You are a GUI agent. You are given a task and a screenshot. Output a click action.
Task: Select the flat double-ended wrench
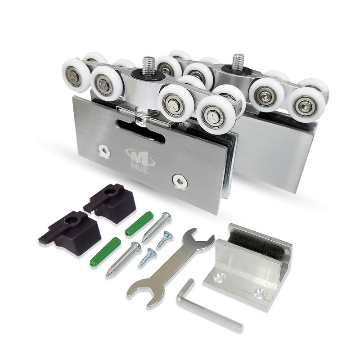(x=170, y=267)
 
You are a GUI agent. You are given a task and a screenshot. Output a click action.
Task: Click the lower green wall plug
(x=105, y=252)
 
